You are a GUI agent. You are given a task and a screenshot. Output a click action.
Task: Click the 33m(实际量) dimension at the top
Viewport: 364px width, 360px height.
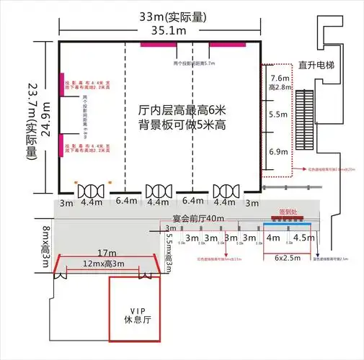159,15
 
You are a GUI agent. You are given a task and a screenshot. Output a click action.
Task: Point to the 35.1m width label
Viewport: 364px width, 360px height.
159,30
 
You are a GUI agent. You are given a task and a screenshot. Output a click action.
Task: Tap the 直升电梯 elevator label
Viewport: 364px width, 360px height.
319,65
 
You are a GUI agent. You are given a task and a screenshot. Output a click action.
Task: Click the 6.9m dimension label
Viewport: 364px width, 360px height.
278,152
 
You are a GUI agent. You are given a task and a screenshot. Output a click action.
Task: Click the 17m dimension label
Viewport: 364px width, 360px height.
107,253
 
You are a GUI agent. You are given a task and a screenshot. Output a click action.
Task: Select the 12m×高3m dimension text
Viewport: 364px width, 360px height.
107,264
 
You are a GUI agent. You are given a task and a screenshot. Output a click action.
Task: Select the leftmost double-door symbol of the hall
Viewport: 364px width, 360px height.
92,191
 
